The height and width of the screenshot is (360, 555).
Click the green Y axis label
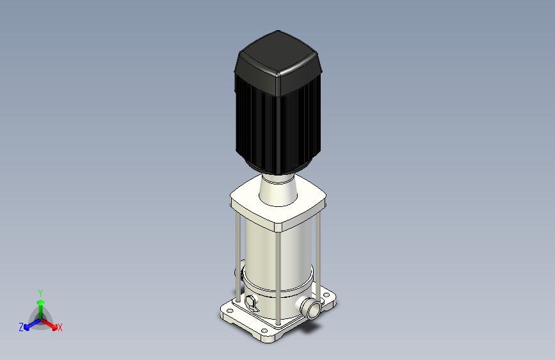click(40, 293)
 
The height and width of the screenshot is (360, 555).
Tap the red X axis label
click(60, 327)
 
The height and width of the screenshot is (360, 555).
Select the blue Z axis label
click(21, 327)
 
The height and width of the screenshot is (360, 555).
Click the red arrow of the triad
click(49, 325)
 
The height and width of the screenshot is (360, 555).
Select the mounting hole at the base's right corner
click(326, 295)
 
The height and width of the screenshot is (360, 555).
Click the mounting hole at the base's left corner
click(229, 311)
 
